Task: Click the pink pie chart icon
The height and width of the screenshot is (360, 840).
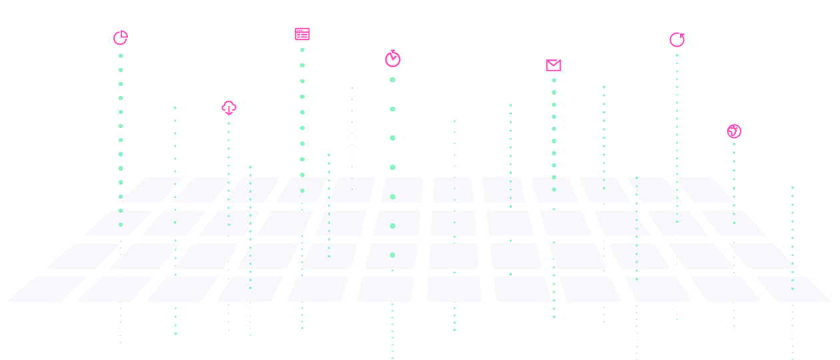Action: pyautogui.click(x=120, y=38)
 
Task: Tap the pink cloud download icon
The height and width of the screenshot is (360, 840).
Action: pyautogui.click(x=229, y=107)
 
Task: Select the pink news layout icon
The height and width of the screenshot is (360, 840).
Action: pyautogui.click(x=302, y=34)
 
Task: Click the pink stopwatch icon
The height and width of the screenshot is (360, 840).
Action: pyautogui.click(x=393, y=59)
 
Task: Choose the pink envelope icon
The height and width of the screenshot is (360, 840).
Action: pyautogui.click(x=553, y=65)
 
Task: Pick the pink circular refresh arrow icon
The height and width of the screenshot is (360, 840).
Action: pyautogui.click(x=677, y=40)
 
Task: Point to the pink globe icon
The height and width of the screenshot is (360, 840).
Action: pyautogui.click(x=734, y=131)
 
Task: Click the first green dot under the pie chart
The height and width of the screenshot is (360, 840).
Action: pyautogui.click(x=121, y=55)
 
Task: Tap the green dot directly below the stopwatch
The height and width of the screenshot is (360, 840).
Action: pyautogui.click(x=393, y=80)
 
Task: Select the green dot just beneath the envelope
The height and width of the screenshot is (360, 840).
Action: pyautogui.click(x=554, y=80)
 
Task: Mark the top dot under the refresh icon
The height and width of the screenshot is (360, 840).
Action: pyautogui.click(x=677, y=55)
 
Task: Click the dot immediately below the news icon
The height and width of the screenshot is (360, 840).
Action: pyautogui.click(x=302, y=49)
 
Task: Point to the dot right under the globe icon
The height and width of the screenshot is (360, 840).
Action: pyautogui.click(x=734, y=144)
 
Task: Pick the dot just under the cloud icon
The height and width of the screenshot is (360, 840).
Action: pyautogui.click(x=229, y=123)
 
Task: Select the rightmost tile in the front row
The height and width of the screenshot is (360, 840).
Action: pyautogui.click(x=793, y=289)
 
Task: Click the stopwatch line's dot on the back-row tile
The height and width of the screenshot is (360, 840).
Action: pyautogui.click(x=393, y=197)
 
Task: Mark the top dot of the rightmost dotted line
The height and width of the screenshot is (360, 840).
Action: pyautogui.click(x=793, y=187)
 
